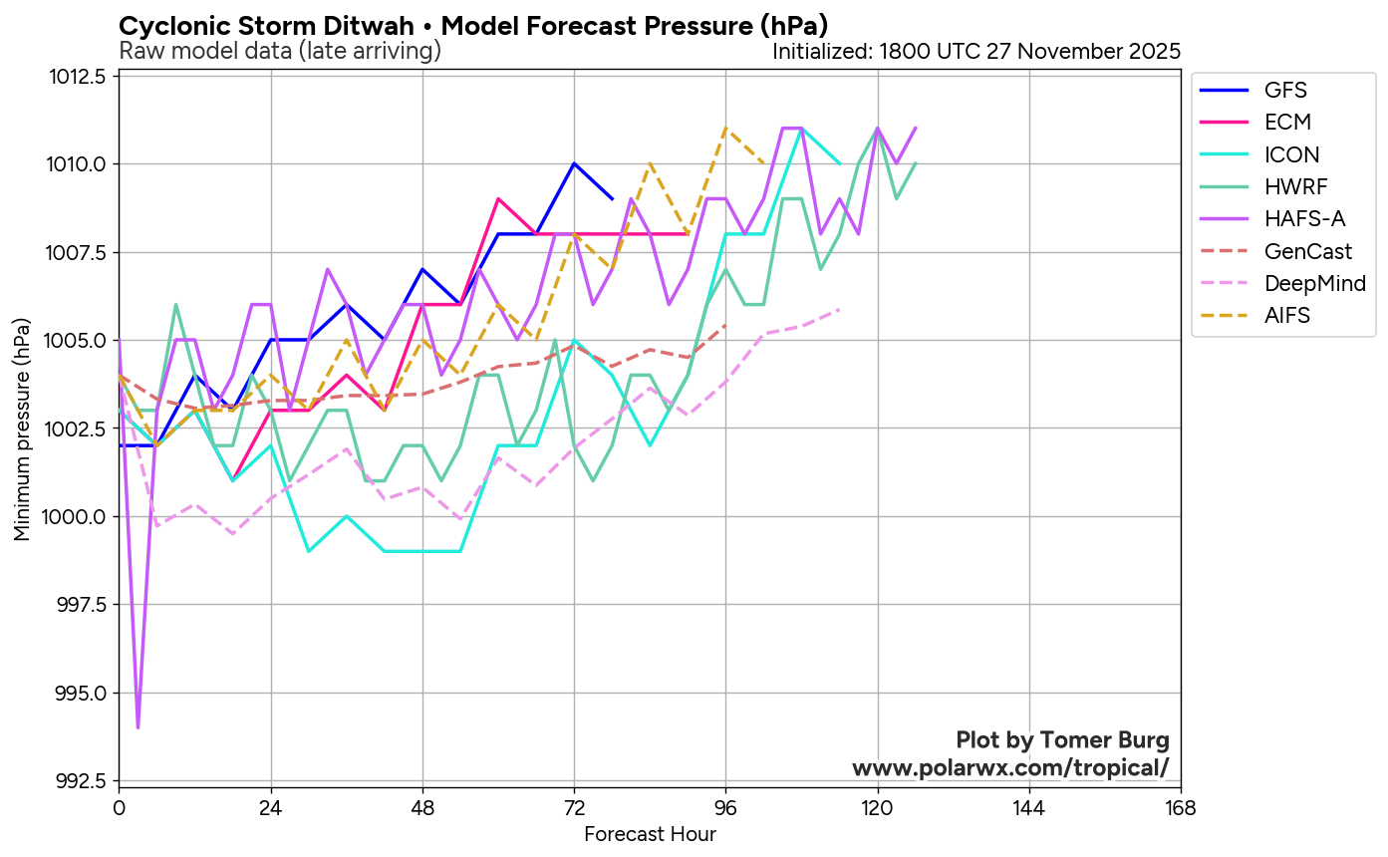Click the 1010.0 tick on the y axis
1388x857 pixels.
79,164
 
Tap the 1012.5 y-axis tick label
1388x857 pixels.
79,77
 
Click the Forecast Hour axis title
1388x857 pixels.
650,834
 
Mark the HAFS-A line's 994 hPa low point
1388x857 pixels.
138,727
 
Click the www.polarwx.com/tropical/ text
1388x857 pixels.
1009,768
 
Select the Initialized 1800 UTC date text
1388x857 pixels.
975,51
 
